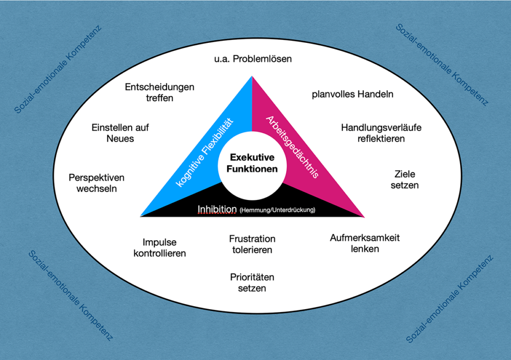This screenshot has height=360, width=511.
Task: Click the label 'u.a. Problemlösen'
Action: [x=253, y=59]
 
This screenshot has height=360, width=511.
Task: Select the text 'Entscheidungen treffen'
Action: [x=160, y=92]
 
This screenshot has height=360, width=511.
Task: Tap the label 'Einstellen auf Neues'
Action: [x=120, y=133]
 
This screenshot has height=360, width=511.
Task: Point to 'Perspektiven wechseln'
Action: [x=96, y=183]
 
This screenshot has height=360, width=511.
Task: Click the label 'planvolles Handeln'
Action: [x=353, y=94]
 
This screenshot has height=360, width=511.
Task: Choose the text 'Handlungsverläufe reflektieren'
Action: [x=381, y=133]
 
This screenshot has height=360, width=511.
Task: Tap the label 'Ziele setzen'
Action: [x=405, y=180]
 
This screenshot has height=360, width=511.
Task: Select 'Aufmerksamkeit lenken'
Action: [x=365, y=243]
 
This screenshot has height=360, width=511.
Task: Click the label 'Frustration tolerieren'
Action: [x=252, y=244]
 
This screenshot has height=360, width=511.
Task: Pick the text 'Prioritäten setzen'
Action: [x=252, y=282]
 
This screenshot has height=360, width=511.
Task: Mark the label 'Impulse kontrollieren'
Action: [x=160, y=247]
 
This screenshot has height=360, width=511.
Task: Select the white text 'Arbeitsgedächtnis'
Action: [x=293, y=148]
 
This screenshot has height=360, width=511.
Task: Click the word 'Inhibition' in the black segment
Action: [x=217, y=209]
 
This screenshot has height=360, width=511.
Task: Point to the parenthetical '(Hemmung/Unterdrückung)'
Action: [x=277, y=210]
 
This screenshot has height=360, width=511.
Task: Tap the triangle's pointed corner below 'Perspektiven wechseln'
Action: [x=142, y=216]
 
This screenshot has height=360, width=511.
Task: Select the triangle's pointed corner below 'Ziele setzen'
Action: [x=363, y=216]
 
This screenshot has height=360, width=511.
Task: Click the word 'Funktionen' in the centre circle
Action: [x=252, y=169]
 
